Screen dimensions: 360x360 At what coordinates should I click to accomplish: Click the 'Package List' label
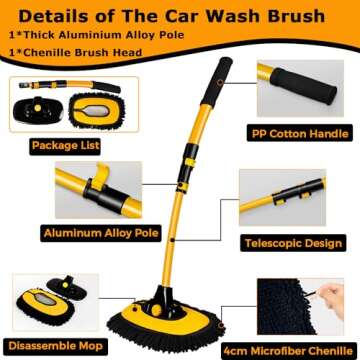point(52,145)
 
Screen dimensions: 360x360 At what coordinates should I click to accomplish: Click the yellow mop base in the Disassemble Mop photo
point(35,301)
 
